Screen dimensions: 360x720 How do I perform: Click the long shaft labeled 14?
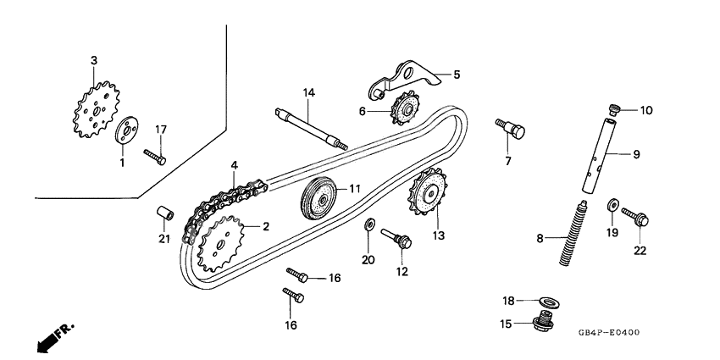click(x=310, y=128)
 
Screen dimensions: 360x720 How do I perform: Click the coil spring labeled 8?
click(x=617, y=108)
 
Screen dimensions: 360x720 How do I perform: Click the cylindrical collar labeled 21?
click(x=165, y=213)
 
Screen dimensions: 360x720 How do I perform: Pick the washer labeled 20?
click(x=368, y=224)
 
